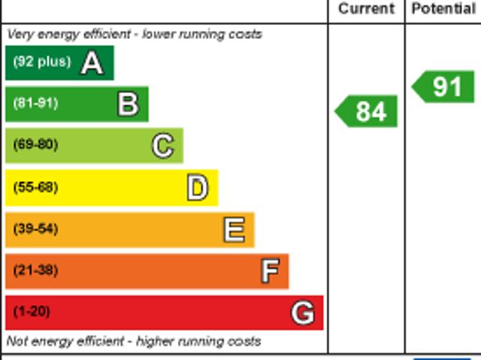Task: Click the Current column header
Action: coord(366,9)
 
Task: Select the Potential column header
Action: coord(443,9)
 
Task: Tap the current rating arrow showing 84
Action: coord(367,111)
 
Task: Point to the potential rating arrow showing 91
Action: coord(444,86)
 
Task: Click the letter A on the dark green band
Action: coord(92,63)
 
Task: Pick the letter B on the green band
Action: coord(128,104)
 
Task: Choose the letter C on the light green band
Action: coord(163,146)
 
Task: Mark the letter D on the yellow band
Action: coord(197,188)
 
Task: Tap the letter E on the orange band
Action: coord(234,230)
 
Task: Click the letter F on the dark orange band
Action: coord(270,271)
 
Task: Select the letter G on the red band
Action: coord(303,313)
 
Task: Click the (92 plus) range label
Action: coord(42,62)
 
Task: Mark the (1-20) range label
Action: coord(32,311)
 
